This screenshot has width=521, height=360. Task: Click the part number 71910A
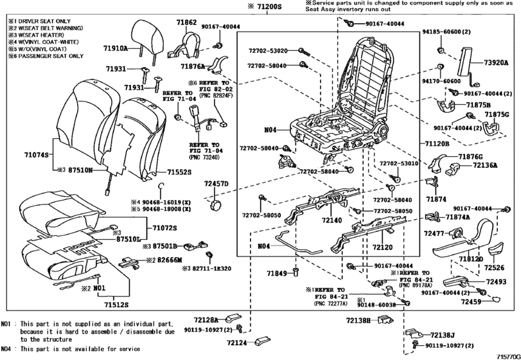pyautogui.click(x=117, y=48)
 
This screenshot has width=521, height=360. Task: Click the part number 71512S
pyautogui.click(x=117, y=305)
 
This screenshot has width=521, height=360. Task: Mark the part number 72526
pyautogui.click(x=495, y=267)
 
